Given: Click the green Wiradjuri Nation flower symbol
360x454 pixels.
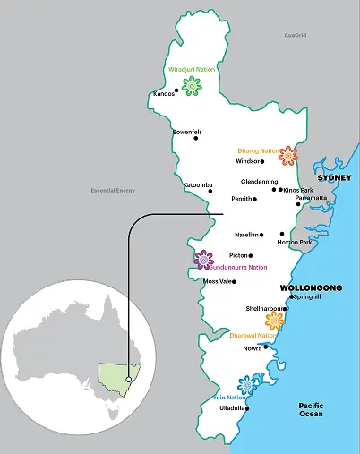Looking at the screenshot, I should tap(191, 85).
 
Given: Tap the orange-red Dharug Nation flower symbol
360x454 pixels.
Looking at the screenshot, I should tap(287, 156).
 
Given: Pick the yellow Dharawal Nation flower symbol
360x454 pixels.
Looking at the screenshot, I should tap(275, 321).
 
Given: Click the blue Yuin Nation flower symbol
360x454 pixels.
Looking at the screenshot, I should tap(246, 384).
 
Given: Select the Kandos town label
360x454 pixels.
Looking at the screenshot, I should tap(164, 93).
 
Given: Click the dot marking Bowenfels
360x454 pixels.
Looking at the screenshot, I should tap(196, 138).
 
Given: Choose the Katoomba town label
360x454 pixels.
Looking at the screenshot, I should tap(198, 185).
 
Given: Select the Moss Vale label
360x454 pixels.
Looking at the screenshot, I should tap(219, 281).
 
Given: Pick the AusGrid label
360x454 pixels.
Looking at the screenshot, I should tap(295, 35).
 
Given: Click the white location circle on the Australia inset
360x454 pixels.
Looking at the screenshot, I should tap(128, 380).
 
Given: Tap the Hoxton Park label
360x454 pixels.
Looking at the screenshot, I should tap(295, 243).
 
